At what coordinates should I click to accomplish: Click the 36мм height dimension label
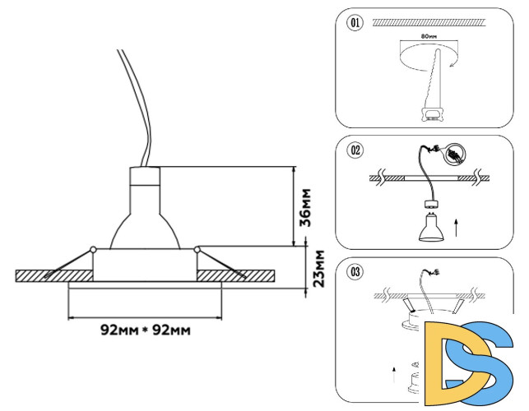[x=304, y=207]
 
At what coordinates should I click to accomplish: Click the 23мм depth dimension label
[x=320, y=268]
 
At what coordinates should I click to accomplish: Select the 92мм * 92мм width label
[x=146, y=330]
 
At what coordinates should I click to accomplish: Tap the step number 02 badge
[x=355, y=150]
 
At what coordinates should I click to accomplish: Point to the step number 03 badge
[x=355, y=271]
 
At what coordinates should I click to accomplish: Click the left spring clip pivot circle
[x=93, y=248]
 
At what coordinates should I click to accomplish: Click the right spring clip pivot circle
[x=197, y=248]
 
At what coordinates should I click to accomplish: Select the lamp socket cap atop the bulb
[x=145, y=177]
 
